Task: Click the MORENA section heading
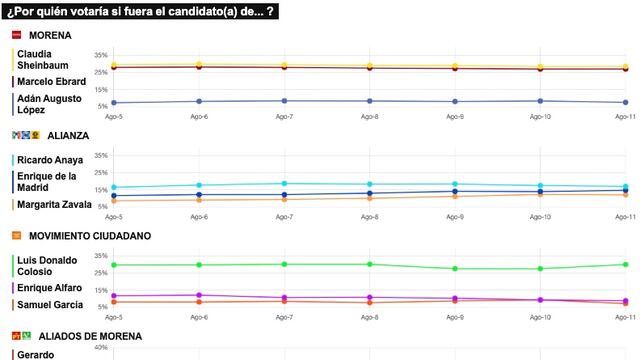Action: pos(51,35)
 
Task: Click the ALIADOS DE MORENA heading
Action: pos(85,336)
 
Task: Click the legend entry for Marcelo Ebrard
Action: pos(51,81)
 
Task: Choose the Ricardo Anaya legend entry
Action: pos(51,160)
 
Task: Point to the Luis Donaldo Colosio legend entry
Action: pos(49,266)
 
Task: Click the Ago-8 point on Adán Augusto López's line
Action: pos(369,101)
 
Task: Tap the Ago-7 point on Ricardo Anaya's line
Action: pos(284,184)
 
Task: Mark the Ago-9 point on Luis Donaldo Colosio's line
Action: pos(455,268)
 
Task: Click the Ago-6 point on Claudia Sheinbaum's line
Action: pos(199,65)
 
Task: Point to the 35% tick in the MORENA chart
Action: pos(100,55)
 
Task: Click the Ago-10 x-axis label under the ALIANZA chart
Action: pos(540,216)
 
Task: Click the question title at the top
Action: pos(141,12)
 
